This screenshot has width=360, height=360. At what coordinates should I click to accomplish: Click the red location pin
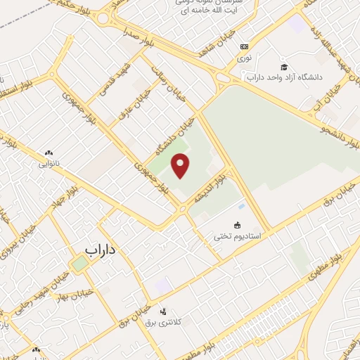click(x=181, y=166)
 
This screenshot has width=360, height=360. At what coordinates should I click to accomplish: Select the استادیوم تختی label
click(x=238, y=237)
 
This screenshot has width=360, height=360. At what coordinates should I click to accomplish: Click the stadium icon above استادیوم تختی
click(x=238, y=226)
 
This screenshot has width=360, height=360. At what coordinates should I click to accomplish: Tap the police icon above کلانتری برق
click(x=164, y=311)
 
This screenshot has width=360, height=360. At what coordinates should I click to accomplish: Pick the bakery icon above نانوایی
click(x=49, y=153)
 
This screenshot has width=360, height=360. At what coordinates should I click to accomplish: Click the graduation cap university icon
click(x=283, y=65)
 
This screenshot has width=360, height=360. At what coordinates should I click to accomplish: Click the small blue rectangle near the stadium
click(x=242, y=206)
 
